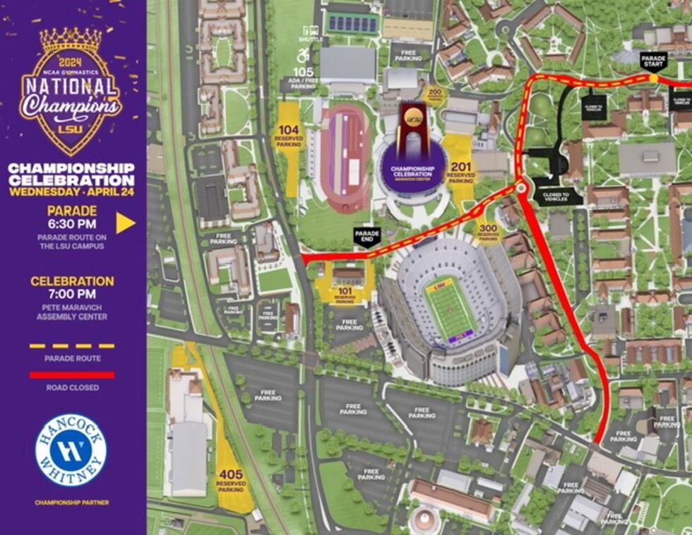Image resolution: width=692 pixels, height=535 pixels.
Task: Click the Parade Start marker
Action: coord(652,61)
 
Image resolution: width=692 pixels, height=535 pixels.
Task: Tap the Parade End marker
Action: coord(366,236)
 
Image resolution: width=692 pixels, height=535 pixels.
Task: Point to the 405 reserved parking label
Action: coord(230,478)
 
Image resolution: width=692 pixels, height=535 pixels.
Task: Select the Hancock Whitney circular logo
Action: coord(71,449)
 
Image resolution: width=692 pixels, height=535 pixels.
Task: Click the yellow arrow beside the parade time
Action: coord(125,223)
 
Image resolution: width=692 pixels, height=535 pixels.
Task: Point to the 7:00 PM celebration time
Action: coord(72,293)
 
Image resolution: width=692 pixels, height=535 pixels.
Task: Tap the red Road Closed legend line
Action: coord(72,375)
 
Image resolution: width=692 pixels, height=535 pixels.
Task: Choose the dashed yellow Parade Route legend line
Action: coord(72,346)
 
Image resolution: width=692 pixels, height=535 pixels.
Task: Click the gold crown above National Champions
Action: coord(70,41)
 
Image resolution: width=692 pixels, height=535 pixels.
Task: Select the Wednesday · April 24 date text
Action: coord(71,190)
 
